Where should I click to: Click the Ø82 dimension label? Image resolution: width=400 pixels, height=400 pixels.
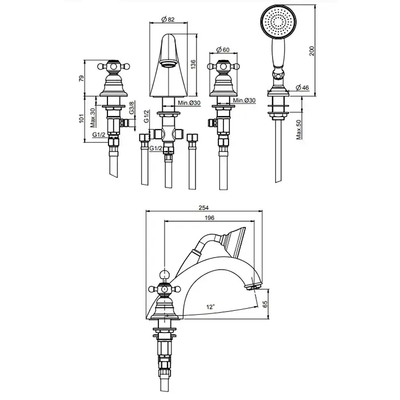pos(168,19)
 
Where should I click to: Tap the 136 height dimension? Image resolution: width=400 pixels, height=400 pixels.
pos(193,65)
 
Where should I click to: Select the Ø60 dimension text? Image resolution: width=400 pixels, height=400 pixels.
pos(223,50)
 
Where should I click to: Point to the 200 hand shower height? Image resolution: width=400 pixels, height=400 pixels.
pos(311,51)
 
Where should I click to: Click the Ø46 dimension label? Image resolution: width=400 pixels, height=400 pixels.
pos(302,87)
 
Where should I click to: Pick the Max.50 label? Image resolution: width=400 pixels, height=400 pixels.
pos(298,130)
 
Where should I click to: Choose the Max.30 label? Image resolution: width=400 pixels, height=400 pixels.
pos(93,118)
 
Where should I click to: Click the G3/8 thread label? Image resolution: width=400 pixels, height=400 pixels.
pos(131,107)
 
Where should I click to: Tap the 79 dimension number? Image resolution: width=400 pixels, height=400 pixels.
pos(81,78)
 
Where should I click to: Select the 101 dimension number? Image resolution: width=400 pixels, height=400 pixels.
pos(81,118)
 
